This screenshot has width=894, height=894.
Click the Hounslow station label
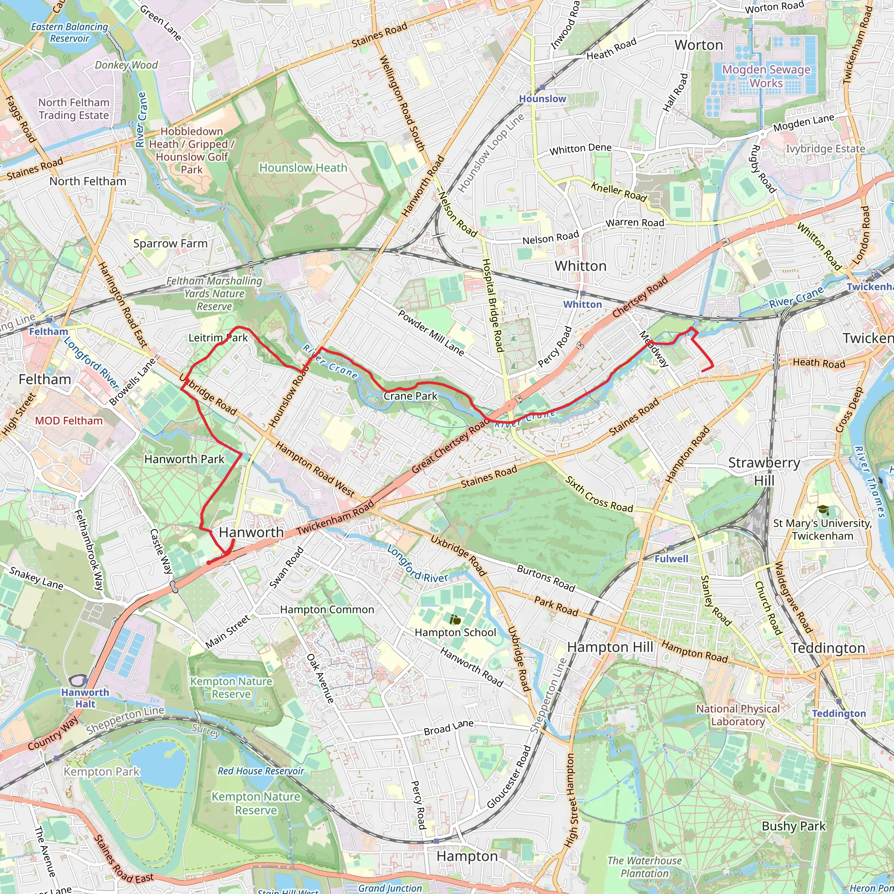(542, 99)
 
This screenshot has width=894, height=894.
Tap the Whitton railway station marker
(583, 293)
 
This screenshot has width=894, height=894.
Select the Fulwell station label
(671, 559)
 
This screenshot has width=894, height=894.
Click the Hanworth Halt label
(85, 698)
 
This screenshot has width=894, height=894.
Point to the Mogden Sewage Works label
(766, 76)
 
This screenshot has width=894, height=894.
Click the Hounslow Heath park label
(303, 168)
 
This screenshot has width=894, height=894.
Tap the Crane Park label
(410, 396)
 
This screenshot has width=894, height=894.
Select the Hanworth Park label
(184, 459)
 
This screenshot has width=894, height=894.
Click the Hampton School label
(455, 632)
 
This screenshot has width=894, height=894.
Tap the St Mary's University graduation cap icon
(822, 510)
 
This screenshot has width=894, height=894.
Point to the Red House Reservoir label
(261, 771)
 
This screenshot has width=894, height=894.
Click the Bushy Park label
(793, 826)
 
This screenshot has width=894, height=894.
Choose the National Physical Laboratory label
(738, 715)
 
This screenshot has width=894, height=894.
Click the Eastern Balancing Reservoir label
(69, 32)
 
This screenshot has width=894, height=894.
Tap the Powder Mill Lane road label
(431, 333)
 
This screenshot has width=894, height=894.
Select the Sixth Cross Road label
(599, 494)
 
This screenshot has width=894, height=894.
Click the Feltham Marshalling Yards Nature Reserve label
(214, 293)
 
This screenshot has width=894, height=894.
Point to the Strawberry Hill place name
(763, 471)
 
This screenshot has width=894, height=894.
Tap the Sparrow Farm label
(170, 244)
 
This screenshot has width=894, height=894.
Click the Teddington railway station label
(839, 713)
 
